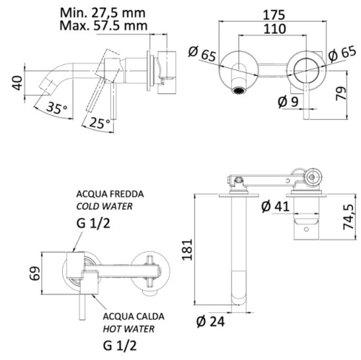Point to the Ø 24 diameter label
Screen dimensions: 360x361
tap(214, 322)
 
